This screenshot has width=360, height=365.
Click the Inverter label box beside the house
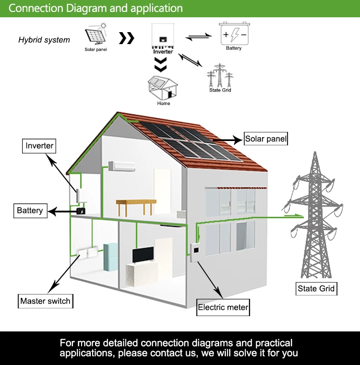click(x=39, y=146)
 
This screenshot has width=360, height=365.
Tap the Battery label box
click(x=30, y=211)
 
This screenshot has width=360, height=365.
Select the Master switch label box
click(x=46, y=301)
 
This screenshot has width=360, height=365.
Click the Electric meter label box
click(x=223, y=307)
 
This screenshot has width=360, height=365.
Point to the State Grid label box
click(x=316, y=288)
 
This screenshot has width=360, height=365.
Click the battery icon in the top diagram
click(x=234, y=34)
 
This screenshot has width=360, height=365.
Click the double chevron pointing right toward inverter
click(x=126, y=38)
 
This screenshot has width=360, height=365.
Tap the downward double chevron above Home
click(x=163, y=64)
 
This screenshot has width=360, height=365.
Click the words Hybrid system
click(x=44, y=40)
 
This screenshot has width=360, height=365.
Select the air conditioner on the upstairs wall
click(x=118, y=166)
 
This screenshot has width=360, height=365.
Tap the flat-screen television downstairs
click(x=143, y=255)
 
